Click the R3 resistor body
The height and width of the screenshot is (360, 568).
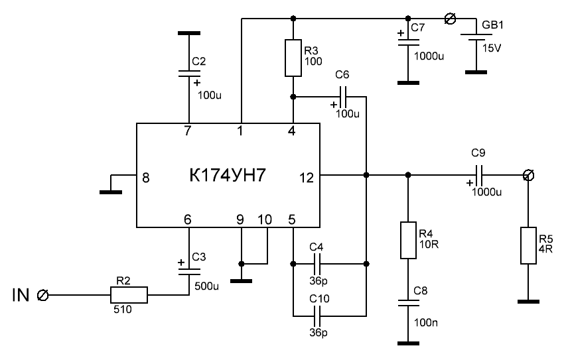coord(293,58)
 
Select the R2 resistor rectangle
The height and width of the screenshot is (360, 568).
coord(129,294)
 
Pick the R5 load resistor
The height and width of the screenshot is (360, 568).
coord(528,247)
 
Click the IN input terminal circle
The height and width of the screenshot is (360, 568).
coord(44,294)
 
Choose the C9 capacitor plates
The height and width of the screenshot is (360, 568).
coord(480,176)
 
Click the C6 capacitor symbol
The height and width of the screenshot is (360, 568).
coord(343,97)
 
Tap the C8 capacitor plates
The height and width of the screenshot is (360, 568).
coord(407,302)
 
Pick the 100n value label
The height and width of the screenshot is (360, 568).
coord(424,323)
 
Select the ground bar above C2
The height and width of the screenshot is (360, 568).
coord(188,32)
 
